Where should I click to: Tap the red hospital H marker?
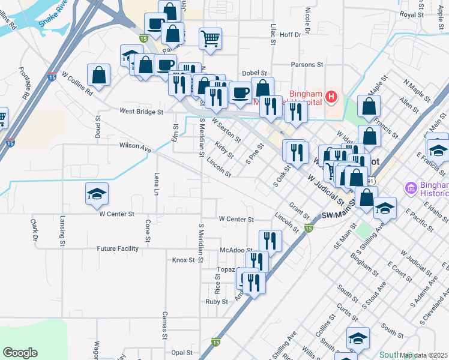(330, 97)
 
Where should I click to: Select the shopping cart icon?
(210, 39)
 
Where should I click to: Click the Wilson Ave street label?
(134, 146)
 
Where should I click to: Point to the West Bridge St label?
(141, 112)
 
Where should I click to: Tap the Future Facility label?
(118, 248)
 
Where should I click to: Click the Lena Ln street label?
(156, 184)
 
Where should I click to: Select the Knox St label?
(184, 260)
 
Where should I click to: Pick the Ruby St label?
(217, 302)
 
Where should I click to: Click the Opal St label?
(181, 353)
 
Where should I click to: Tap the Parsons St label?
(307, 64)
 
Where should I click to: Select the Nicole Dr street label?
(307, 21)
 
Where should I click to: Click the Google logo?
(20, 353)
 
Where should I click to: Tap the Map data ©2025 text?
(423, 355)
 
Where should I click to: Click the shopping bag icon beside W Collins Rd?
(98, 76)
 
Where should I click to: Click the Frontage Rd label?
(24, 83)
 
